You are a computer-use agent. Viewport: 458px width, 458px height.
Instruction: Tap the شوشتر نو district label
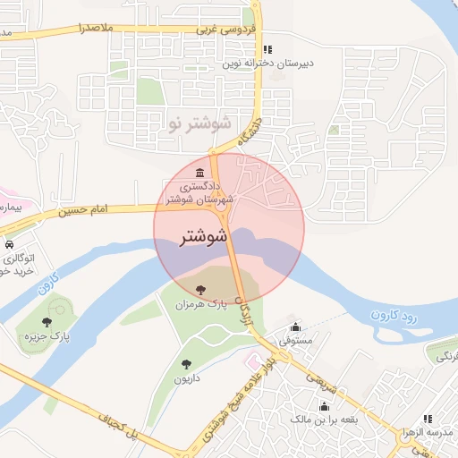[x=199, y=122]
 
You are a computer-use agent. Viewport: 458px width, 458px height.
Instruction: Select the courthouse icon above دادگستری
[x=199, y=172]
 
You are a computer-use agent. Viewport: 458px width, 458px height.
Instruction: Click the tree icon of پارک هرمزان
[x=200, y=288]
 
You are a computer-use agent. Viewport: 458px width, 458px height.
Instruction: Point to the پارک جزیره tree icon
[x=47, y=322]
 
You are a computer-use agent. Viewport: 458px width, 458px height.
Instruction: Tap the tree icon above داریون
[x=186, y=364]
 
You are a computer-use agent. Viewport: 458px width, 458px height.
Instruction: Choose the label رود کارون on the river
[x=394, y=314]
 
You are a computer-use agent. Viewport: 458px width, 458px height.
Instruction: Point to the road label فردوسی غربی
[x=227, y=29]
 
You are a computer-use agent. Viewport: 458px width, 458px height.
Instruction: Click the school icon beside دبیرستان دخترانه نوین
[x=268, y=49]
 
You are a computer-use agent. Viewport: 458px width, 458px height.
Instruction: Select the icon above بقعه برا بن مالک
[x=323, y=406]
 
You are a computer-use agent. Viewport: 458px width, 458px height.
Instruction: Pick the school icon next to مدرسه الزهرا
[x=427, y=419]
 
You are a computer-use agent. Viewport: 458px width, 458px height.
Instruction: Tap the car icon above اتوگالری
[x=8, y=244]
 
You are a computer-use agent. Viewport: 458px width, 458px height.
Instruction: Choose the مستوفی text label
[x=295, y=341]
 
